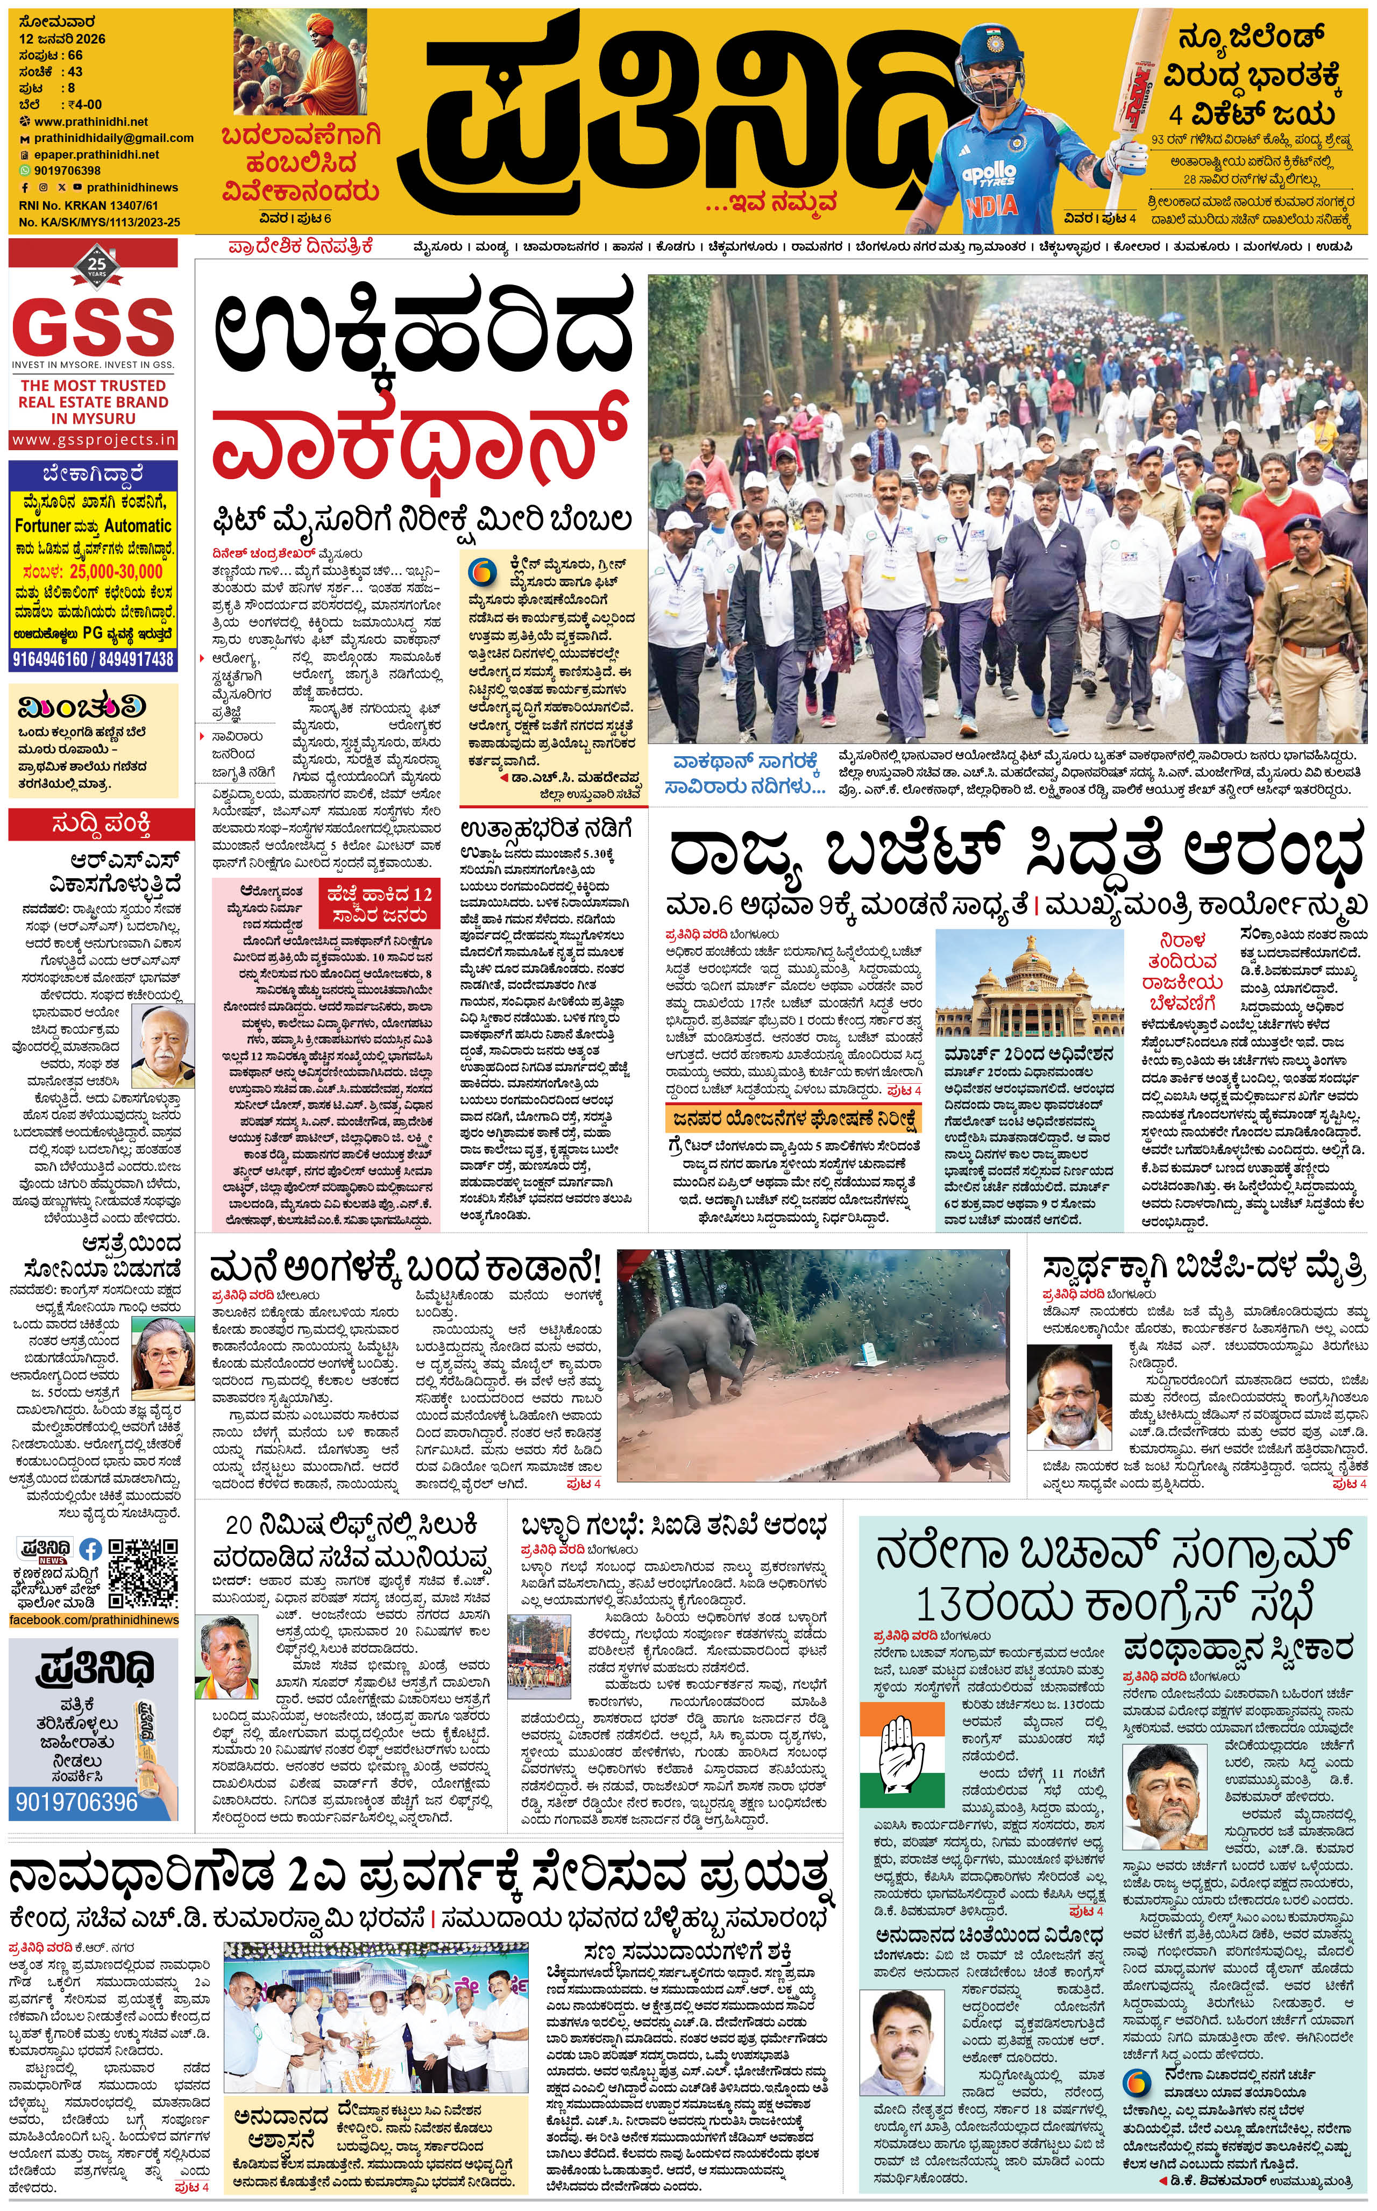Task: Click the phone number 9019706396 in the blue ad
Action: [76, 1801]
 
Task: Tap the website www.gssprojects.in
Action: [93, 440]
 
